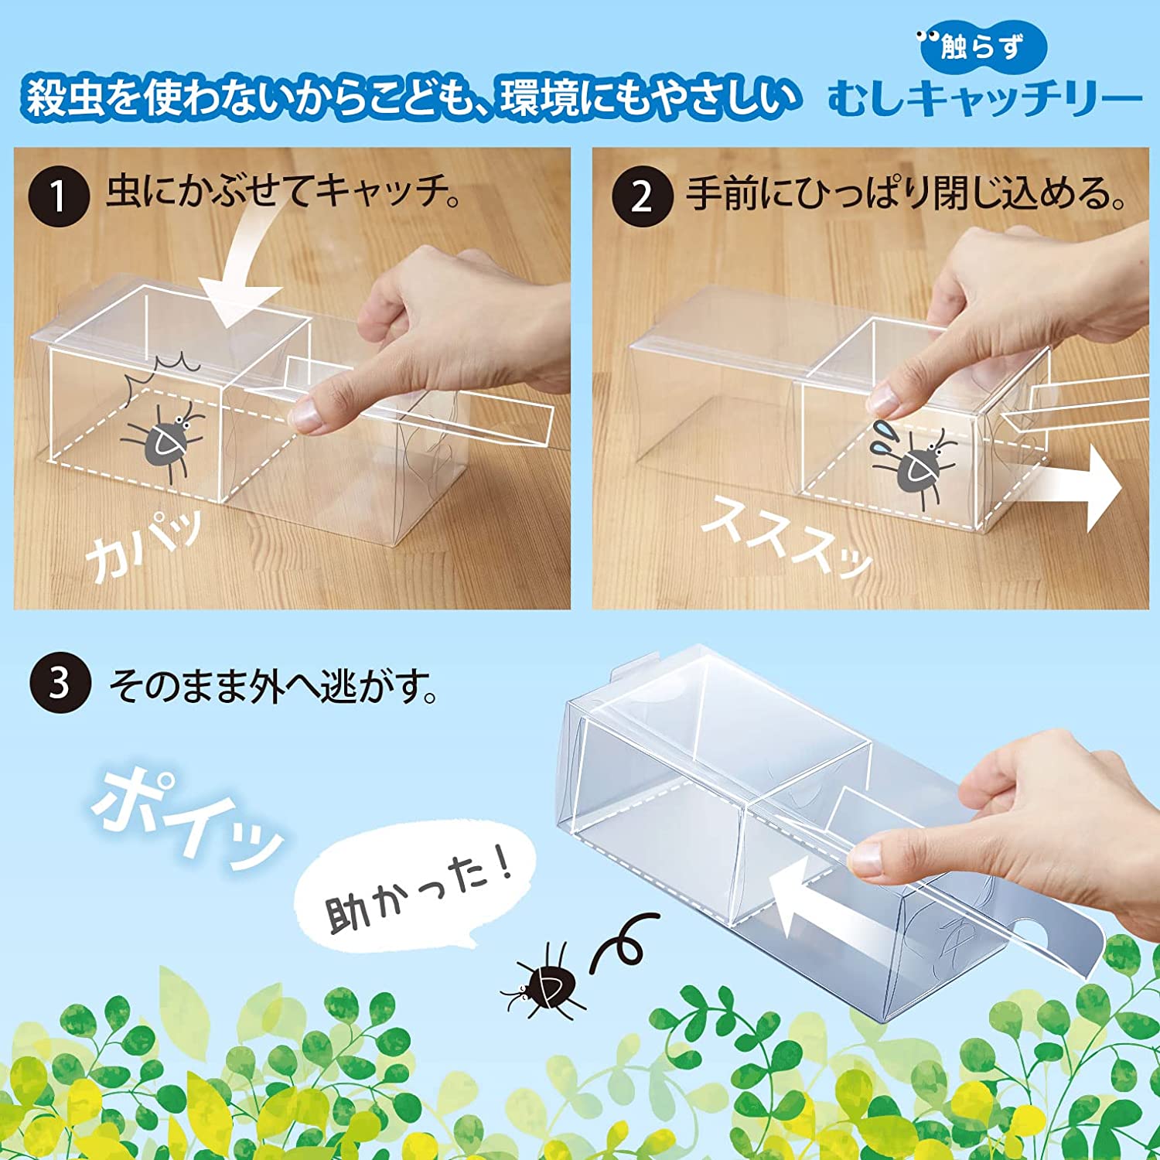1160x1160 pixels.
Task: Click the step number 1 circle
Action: click(x=60, y=196)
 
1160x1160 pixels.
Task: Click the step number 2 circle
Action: click(x=642, y=196)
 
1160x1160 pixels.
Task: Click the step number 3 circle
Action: click(x=60, y=684)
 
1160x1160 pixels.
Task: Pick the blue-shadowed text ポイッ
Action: click(x=186, y=820)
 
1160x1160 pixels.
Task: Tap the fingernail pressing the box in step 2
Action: click(x=884, y=397)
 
